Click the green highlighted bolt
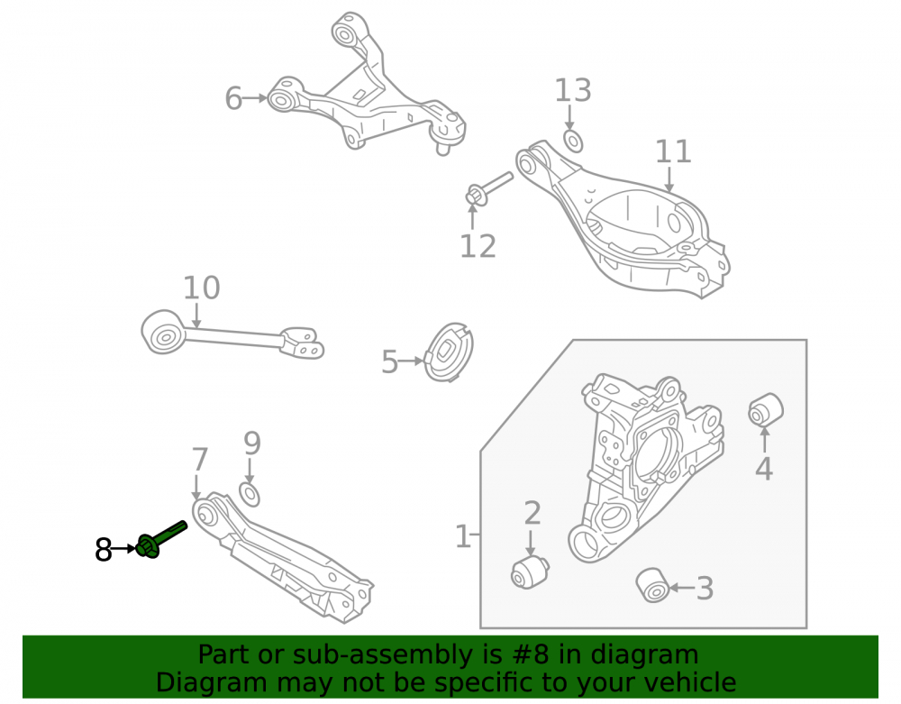pyautogui.click(x=161, y=539)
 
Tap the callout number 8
pyautogui.click(x=104, y=549)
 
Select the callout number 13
pyautogui.click(x=572, y=91)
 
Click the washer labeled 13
pyautogui.click(x=573, y=142)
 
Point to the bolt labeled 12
pyautogui.click(x=488, y=188)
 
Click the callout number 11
pyautogui.click(x=673, y=151)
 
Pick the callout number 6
pyautogui.click(x=233, y=98)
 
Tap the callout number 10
pyautogui.click(x=201, y=288)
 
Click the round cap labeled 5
pyautogui.click(x=449, y=352)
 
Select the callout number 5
pyautogui.click(x=389, y=362)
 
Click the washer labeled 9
pyautogui.click(x=250, y=495)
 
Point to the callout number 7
pyautogui.click(x=199, y=460)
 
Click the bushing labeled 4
pyautogui.click(x=766, y=410)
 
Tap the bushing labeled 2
pyautogui.click(x=530, y=571)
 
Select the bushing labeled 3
pyautogui.click(x=652, y=585)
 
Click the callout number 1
pyautogui.click(x=462, y=536)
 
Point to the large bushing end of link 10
pyautogui.click(x=164, y=333)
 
